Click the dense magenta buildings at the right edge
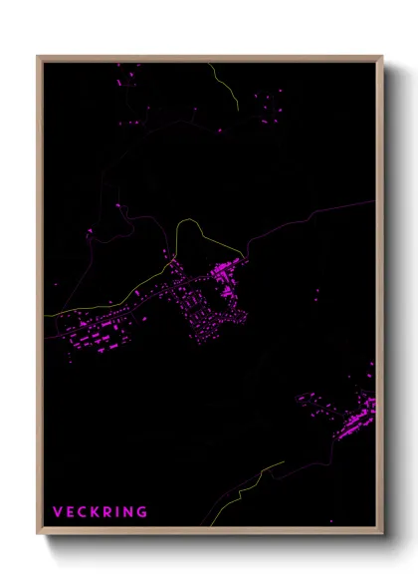[358, 419]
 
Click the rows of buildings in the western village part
[100, 334]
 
